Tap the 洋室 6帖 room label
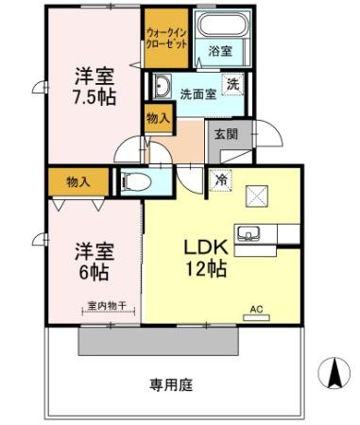94,262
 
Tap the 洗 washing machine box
232,83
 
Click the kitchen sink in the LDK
250,232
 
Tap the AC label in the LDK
255,309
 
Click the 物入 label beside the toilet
77,180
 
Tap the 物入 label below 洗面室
158,119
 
